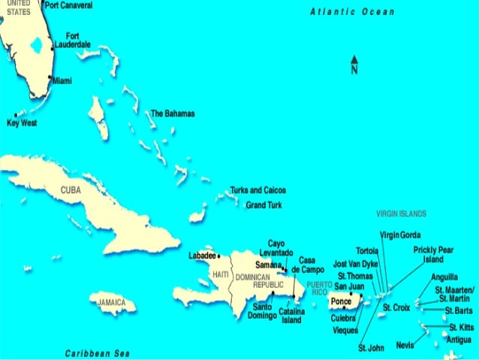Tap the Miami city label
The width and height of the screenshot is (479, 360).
(62, 81)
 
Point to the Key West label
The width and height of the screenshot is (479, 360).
(21, 123)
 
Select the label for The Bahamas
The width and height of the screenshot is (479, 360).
(173, 113)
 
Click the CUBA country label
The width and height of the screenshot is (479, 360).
(70, 190)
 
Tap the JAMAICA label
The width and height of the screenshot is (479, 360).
(113, 302)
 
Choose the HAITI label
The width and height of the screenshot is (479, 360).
(221, 275)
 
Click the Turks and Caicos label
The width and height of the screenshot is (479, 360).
(258, 190)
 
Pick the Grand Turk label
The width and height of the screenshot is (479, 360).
(264, 204)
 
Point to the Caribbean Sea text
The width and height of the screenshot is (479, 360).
(97, 352)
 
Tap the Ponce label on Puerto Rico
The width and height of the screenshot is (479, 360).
(341, 301)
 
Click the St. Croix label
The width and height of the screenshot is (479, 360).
(396, 307)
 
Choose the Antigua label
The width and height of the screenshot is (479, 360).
(459, 339)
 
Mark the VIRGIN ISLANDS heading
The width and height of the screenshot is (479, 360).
(401, 213)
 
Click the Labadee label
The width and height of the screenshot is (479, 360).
(201, 256)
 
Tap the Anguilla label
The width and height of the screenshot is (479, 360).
(444, 277)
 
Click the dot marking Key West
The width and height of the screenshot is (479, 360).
(15, 115)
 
